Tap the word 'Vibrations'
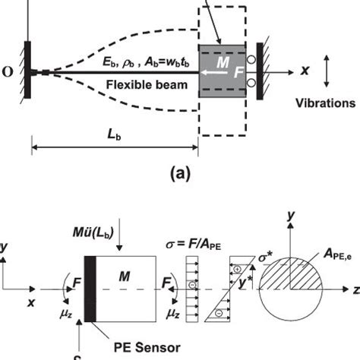tap(326, 101)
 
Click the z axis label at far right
tap(354, 289)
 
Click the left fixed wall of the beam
tap(27, 72)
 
